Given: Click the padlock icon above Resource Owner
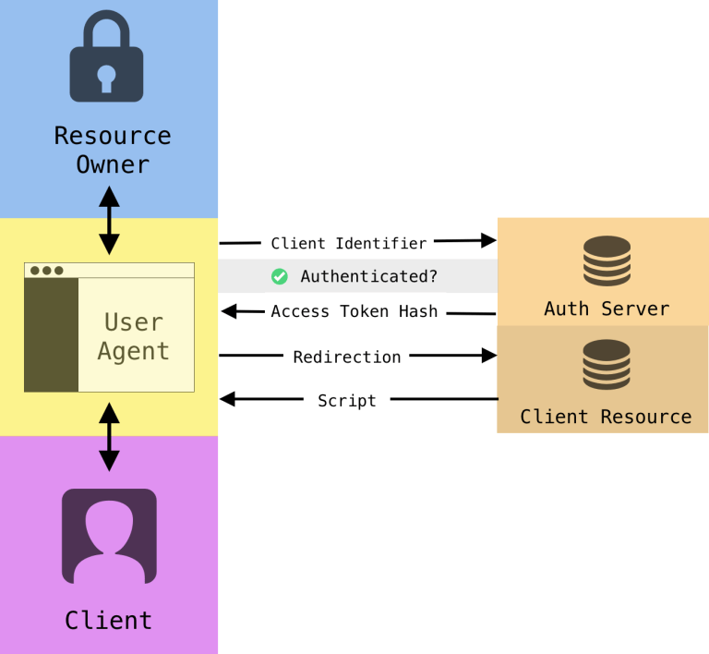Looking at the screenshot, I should point(107,57).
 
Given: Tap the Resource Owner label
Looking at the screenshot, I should point(112,150).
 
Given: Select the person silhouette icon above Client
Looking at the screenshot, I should point(109,536).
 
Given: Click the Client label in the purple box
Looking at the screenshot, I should point(108,620).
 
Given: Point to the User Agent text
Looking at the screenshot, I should point(135,336).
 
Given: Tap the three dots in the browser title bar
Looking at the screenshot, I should point(46,271).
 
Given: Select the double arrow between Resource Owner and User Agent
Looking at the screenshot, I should point(109,220).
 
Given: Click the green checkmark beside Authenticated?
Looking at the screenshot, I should point(279,276).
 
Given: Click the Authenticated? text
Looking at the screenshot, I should point(368,276).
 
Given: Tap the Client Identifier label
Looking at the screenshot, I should point(348,243).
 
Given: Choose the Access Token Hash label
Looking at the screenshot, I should point(354,311).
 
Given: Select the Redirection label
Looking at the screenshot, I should point(346,357).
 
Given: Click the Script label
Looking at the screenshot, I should point(346,400).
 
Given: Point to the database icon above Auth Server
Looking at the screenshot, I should point(607,261).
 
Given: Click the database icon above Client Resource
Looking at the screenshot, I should point(607,365).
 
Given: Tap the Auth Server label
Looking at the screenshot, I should point(606,309).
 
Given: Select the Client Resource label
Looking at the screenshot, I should point(606,417).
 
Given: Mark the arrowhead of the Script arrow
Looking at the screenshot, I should point(227,399).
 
